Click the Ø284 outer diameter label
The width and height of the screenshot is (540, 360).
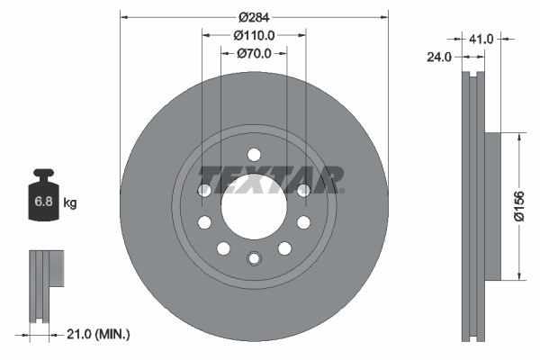click(254, 16)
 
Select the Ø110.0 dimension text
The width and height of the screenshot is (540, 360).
click(254, 35)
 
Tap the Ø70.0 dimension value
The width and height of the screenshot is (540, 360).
click(254, 54)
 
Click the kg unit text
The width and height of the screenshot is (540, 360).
click(70, 203)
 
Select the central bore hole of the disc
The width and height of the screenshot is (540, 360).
click(254, 206)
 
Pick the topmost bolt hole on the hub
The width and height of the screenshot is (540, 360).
click(254, 153)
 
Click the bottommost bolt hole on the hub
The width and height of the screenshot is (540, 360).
click(254, 259)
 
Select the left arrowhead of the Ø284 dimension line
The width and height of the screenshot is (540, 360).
click(123, 16)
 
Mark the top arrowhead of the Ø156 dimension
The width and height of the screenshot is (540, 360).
click(518, 138)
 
